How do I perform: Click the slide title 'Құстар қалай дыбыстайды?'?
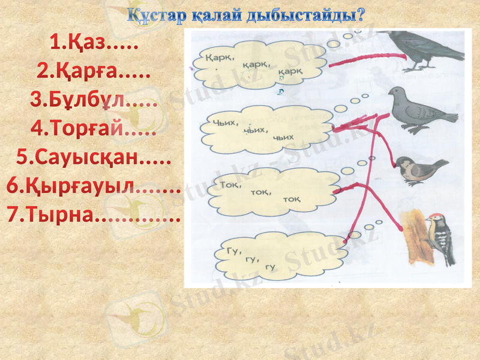click(x=246, y=15)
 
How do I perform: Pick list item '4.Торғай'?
click(x=93, y=129)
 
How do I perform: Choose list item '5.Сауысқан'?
click(x=93, y=158)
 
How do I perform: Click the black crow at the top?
click(x=423, y=48)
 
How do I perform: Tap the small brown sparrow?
click(x=420, y=170)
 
